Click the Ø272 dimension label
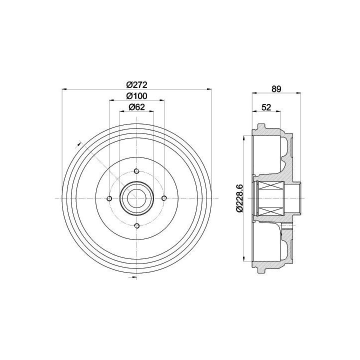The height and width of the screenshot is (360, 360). click(136, 85)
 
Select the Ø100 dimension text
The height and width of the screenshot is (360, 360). click(136, 96)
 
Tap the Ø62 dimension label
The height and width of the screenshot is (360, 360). click(137, 107)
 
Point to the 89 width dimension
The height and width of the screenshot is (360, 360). click(276, 89)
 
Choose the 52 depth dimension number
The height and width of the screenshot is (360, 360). click(266, 107)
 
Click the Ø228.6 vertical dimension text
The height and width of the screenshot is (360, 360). click(239, 198)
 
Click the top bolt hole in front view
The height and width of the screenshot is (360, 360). click(136, 171)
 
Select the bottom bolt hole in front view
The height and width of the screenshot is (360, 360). click(137, 225)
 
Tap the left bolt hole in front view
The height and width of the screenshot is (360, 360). click(109, 198)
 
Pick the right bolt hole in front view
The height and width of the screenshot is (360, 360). click(164, 198)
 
